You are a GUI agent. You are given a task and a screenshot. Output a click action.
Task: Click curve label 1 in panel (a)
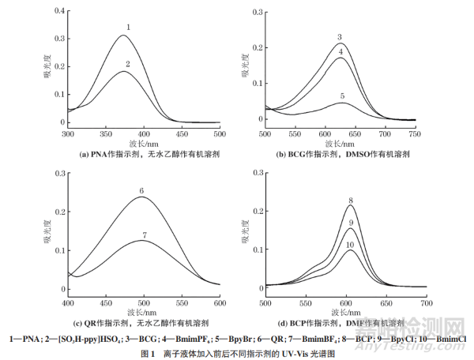128,28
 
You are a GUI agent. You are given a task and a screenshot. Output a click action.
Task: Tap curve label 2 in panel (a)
128,63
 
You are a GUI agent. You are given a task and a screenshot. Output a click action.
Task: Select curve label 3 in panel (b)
339,37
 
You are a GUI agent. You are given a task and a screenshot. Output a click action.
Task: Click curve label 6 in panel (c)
141,191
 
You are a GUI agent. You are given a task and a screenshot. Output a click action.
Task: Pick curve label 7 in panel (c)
144,235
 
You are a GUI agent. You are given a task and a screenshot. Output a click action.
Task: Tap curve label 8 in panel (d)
349,201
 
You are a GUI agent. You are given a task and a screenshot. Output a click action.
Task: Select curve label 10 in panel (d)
350,246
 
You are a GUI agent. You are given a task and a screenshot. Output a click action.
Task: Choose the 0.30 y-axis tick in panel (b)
253,11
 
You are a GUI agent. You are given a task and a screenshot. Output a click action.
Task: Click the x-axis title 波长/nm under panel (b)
340,144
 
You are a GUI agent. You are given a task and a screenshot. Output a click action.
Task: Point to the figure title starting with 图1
237,354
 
